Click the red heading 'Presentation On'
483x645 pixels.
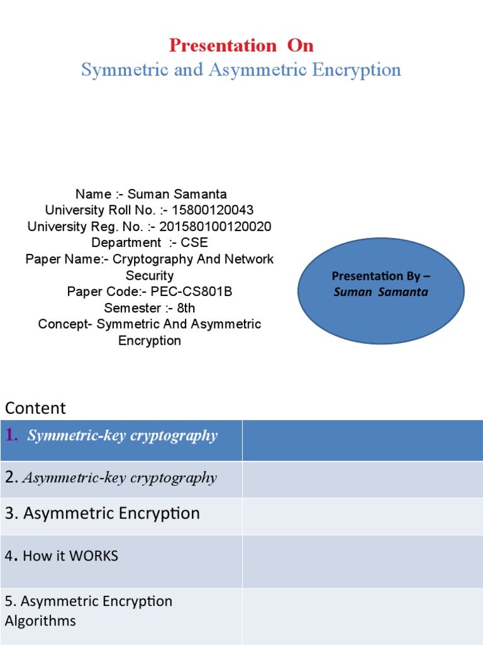tap(241, 45)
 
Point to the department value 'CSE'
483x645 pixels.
tap(196, 243)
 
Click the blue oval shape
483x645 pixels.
tap(380, 296)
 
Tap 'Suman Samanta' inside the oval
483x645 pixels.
tap(380, 292)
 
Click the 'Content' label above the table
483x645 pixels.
tap(35, 408)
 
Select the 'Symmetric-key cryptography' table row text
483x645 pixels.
tap(122, 436)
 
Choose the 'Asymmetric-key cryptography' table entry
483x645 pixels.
tap(119, 478)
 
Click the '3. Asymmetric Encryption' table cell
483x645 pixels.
tap(103, 513)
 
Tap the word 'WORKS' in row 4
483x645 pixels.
tap(94, 556)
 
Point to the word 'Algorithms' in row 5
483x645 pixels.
tap(40, 620)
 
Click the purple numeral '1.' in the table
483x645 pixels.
tap(11, 435)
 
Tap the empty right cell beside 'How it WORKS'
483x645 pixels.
tap(362, 561)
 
